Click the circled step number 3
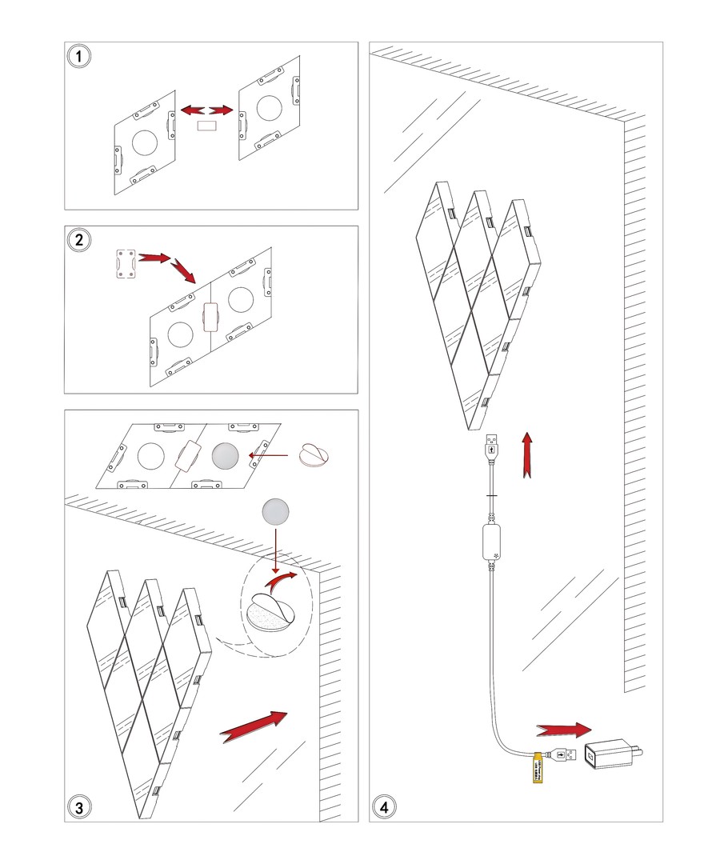pyautogui.click(x=78, y=806)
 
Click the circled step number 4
pyautogui.click(x=386, y=806)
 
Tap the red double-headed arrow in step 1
pyautogui.click(x=206, y=108)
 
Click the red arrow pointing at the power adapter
pyautogui.click(x=564, y=730)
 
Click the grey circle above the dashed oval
pyautogui.click(x=276, y=510)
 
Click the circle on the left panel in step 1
pyautogui.click(x=145, y=142)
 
